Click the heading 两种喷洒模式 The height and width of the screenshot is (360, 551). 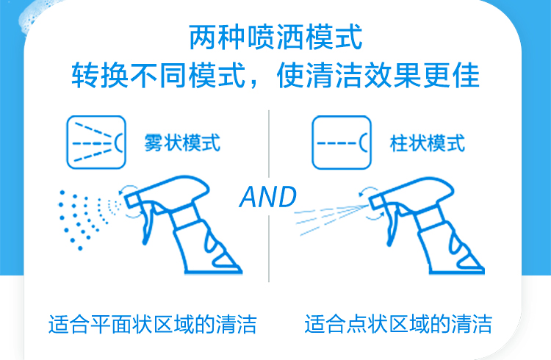275,37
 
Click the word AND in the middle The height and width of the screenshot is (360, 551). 268,197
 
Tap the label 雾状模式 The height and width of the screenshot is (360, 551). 182,143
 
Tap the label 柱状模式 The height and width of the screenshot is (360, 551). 428,143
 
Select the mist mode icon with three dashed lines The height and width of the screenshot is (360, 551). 96,142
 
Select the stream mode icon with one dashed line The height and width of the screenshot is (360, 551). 342,143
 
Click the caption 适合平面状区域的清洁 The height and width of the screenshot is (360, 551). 153,324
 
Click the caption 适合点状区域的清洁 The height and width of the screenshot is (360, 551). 398,324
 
